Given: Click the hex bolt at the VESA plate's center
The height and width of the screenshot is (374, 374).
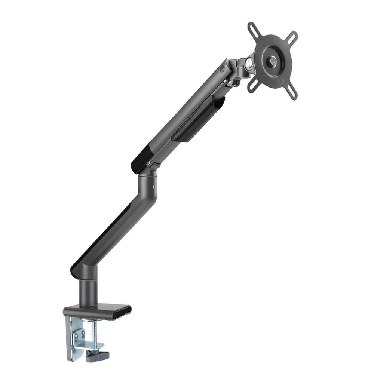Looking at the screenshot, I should [x=272, y=59].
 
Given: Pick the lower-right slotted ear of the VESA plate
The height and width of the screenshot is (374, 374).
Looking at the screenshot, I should [x=292, y=90].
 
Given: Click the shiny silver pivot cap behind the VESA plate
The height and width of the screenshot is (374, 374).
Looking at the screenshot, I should [x=248, y=64].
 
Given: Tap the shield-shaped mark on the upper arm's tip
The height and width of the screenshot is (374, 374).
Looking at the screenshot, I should [x=223, y=69].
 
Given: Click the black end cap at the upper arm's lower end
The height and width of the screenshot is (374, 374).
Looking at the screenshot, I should [x=141, y=159].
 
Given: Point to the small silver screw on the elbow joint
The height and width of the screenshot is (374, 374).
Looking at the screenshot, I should [x=154, y=184].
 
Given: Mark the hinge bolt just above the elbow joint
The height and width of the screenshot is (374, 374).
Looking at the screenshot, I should [x=149, y=163].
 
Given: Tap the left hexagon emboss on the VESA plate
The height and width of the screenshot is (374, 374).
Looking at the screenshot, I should [x=264, y=78].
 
